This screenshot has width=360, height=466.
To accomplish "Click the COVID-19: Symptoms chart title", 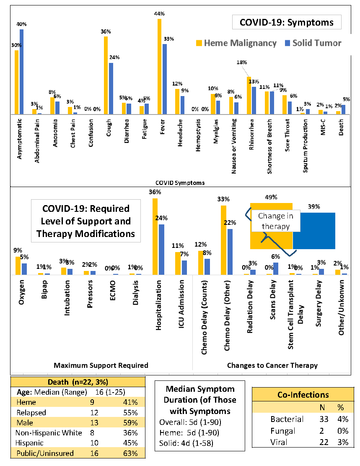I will point(287,22).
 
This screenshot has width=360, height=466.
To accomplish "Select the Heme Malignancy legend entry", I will point(236,43).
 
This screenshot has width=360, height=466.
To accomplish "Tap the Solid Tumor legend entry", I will point(313,43).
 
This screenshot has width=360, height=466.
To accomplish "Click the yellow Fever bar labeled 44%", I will point(160,67).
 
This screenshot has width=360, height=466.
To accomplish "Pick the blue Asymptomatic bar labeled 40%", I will point(21,71).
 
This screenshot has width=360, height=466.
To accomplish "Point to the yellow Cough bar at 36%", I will point(106,75).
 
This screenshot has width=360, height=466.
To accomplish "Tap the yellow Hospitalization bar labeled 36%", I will point(155,237).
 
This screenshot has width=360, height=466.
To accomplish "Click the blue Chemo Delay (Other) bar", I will point(230,252).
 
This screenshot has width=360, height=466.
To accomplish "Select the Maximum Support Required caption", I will point(101,365).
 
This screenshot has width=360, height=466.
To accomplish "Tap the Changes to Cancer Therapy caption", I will point(272,365).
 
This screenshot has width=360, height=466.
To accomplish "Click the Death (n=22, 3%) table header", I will point(78,382).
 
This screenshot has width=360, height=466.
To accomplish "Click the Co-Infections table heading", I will point(303,395).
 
